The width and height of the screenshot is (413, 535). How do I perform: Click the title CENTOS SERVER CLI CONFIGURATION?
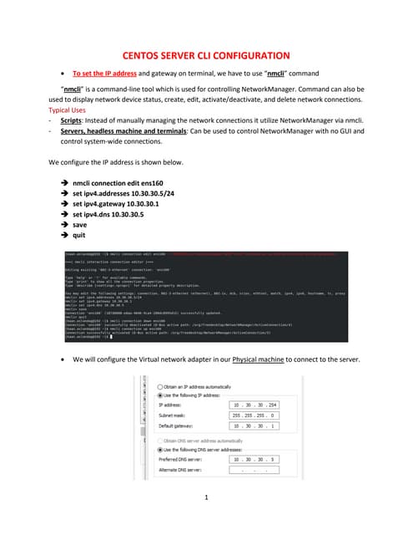pos(206,54)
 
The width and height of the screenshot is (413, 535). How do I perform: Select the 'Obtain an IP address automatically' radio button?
pos(160,387)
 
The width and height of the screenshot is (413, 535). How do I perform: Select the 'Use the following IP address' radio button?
pos(160,395)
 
